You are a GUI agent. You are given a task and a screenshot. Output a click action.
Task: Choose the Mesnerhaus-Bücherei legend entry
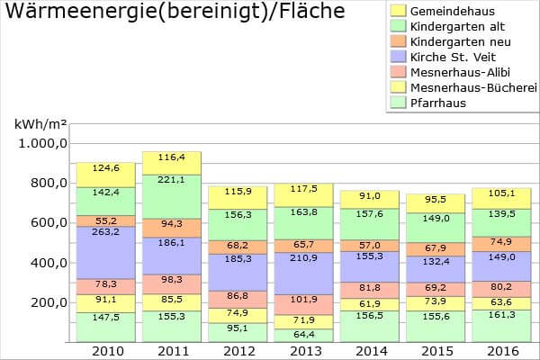pos(460,86)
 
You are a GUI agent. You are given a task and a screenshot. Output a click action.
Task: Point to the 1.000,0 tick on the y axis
pos(39,143)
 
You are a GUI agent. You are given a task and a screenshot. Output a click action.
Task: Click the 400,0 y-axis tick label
pos(44,262)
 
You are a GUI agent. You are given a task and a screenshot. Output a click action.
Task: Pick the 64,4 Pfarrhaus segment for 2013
pos(303,335)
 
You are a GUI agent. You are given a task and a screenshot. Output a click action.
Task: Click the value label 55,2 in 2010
pos(105,220)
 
